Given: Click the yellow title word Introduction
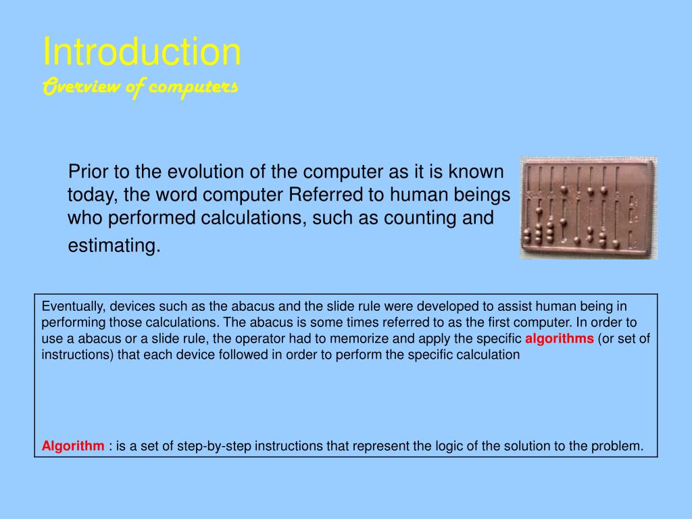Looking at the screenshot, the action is click(x=142, y=51).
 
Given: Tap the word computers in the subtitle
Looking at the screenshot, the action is click(x=193, y=86).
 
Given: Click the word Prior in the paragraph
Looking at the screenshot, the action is click(x=89, y=172).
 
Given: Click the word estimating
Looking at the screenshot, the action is click(x=114, y=245).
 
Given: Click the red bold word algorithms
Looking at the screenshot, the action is click(x=559, y=339).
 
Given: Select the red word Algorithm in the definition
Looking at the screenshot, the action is click(x=73, y=446).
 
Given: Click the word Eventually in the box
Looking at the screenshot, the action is click(x=74, y=306).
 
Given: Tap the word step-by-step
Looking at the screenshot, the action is click(x=214, y=446).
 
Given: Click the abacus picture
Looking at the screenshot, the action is click(x=589, y=208).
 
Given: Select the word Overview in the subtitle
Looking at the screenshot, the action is click(x=82, y=86).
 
